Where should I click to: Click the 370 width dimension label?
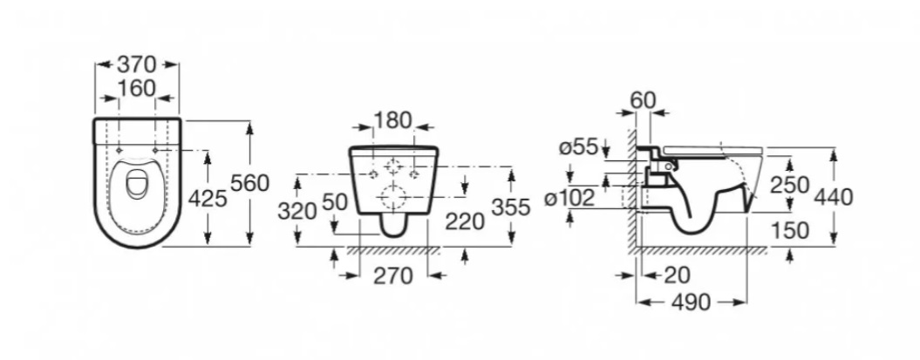(x=137, y=64)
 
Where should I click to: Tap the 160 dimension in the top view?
(x=137, y=89)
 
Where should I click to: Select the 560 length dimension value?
(x=249, y=183)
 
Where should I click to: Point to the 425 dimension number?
(x=208, y=199)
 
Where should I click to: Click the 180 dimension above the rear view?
(x=392, y=120)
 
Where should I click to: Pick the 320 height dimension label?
(x=297, y=210)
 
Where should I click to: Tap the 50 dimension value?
(x=335, y=202)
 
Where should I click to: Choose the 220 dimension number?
(x=466, y=221)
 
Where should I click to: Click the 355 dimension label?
(x=510, y=207)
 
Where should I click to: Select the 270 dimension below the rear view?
(x=393, y=275)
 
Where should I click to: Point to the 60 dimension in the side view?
(x=643, y=100)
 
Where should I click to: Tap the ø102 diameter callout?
(x=569, y=198)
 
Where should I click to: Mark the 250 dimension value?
(x=789, y=185)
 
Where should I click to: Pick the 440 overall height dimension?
(x=834, y=198)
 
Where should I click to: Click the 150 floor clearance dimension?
(x=790, y=230)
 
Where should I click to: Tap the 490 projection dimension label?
(x=692, y=302)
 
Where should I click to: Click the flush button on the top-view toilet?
(x=137, y=182)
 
